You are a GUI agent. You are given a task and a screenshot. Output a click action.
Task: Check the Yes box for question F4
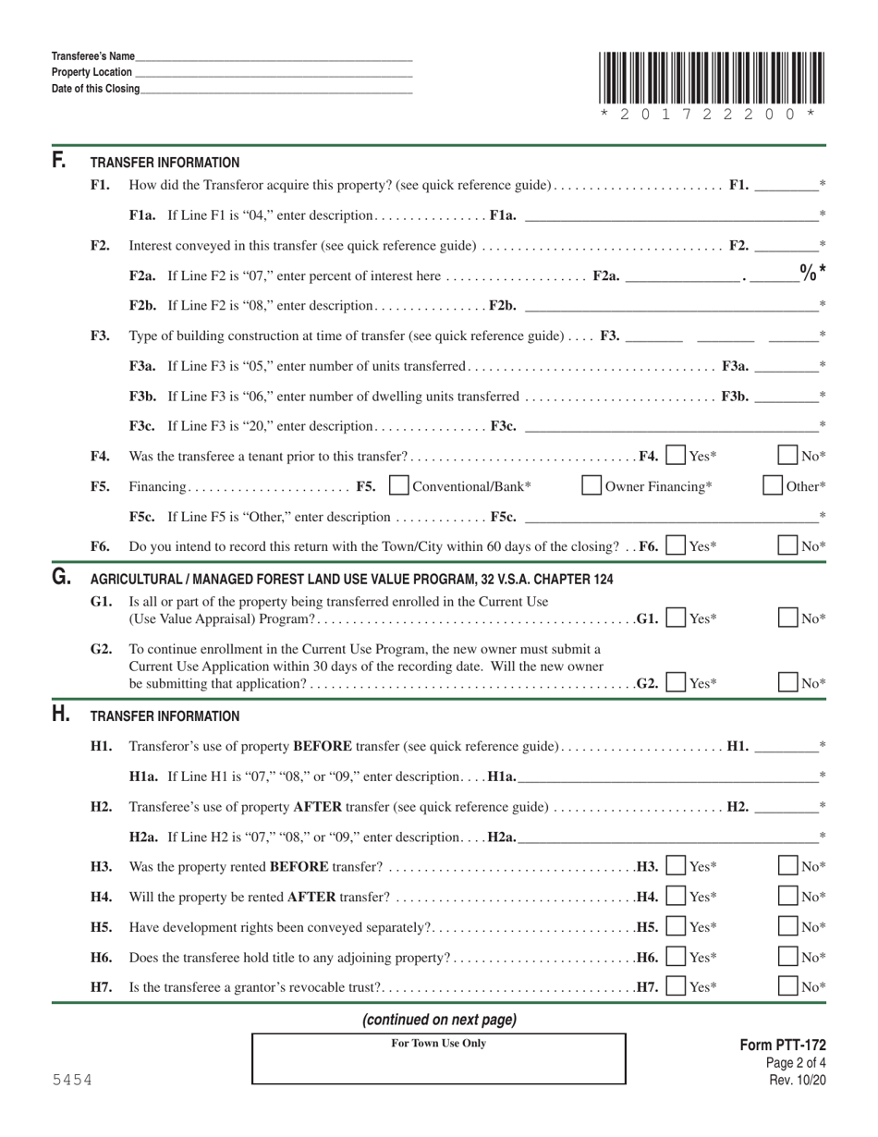677,456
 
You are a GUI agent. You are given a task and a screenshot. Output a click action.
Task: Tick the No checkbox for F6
788,546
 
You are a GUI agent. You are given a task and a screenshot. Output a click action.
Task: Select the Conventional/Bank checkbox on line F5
400,485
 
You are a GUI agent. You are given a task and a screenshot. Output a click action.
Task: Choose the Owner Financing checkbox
592,485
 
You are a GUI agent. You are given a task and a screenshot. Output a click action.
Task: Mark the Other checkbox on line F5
773,485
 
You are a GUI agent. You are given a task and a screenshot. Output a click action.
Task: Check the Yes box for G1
677,617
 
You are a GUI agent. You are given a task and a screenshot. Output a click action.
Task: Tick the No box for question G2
788,683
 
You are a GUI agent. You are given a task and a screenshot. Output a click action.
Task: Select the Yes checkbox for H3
677,866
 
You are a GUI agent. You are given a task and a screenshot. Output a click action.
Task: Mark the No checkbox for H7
788,986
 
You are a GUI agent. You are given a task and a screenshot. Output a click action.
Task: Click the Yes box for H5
677,926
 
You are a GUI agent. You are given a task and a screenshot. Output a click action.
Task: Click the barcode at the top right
709,78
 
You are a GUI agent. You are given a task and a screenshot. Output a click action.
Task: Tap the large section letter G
61,578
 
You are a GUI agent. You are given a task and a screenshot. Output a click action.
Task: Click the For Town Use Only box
439,1059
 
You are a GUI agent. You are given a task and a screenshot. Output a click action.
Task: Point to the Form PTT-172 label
783,1045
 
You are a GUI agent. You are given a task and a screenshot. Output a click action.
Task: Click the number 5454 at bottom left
72,1080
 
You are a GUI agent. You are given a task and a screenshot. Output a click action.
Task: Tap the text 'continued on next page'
439,1020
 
